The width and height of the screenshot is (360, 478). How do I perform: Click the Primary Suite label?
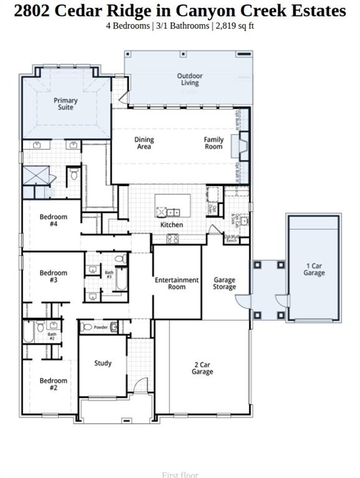click(x=65, y=103)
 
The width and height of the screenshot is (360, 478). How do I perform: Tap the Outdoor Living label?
click(x=189, y=79)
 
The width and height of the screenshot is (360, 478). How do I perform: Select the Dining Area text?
click(x=144, y=143)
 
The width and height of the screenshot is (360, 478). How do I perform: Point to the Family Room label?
click(x=213, y=143)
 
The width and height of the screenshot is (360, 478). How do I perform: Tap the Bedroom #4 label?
click(x=53, y=220)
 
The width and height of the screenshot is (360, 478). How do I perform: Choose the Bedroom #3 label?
click(x=53, y=276)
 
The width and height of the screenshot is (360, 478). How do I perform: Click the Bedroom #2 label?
click(x=53, y=384)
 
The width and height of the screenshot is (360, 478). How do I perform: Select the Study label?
click(x=103, y=363)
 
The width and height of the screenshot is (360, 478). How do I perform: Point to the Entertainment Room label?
click(x=177, y=283)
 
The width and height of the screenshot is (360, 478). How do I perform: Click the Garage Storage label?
click(x=224, y=283)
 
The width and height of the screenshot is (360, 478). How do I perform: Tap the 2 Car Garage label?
click(x=202, y=368)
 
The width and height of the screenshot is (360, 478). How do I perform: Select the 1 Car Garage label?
click(x=314, y=269)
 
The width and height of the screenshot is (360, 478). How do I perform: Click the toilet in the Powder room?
click(x=87, y=327)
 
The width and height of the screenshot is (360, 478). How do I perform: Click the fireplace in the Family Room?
click(x=238, y=148)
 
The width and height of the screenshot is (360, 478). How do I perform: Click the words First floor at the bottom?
click(x=179, y=474)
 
